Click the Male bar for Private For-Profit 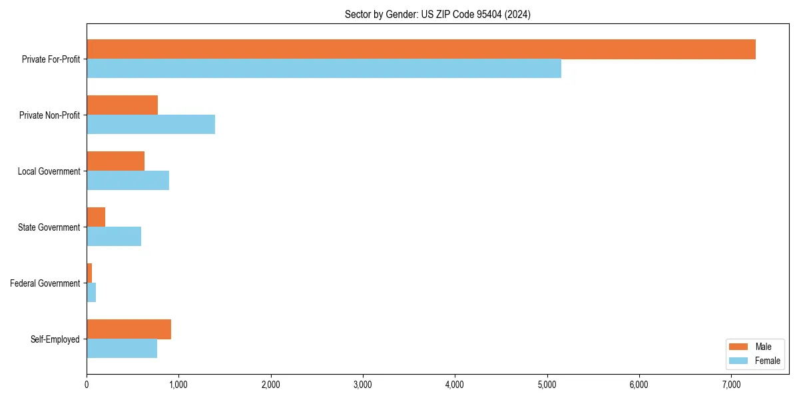click(x=421, y=49)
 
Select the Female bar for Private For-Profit click(x=324, y=69)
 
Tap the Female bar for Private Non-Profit click(x=150, y=125)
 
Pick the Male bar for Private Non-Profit click(x=122, y=105)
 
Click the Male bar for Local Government click(x=115, y=161)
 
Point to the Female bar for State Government click(x=114, y=237)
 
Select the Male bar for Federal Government click(x=89, y=273)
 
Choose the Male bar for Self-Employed click(x=129, y=329)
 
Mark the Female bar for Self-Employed click(x=122, y=349)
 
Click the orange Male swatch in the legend click(x=739, y=347)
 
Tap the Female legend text click(x=767, y=361)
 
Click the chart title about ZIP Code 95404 click(x=437, y=14)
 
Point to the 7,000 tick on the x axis click(x=731, y=385)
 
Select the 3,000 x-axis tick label click(x=363, y=385)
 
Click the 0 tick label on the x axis click(x=87, y=385)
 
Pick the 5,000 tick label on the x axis click(x=547, y=385)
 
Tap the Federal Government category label click(x=45, y=283)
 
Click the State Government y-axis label click(x=49, y=227)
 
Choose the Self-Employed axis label click(x=55, y=339)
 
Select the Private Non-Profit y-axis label click(x=49, y=115)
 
